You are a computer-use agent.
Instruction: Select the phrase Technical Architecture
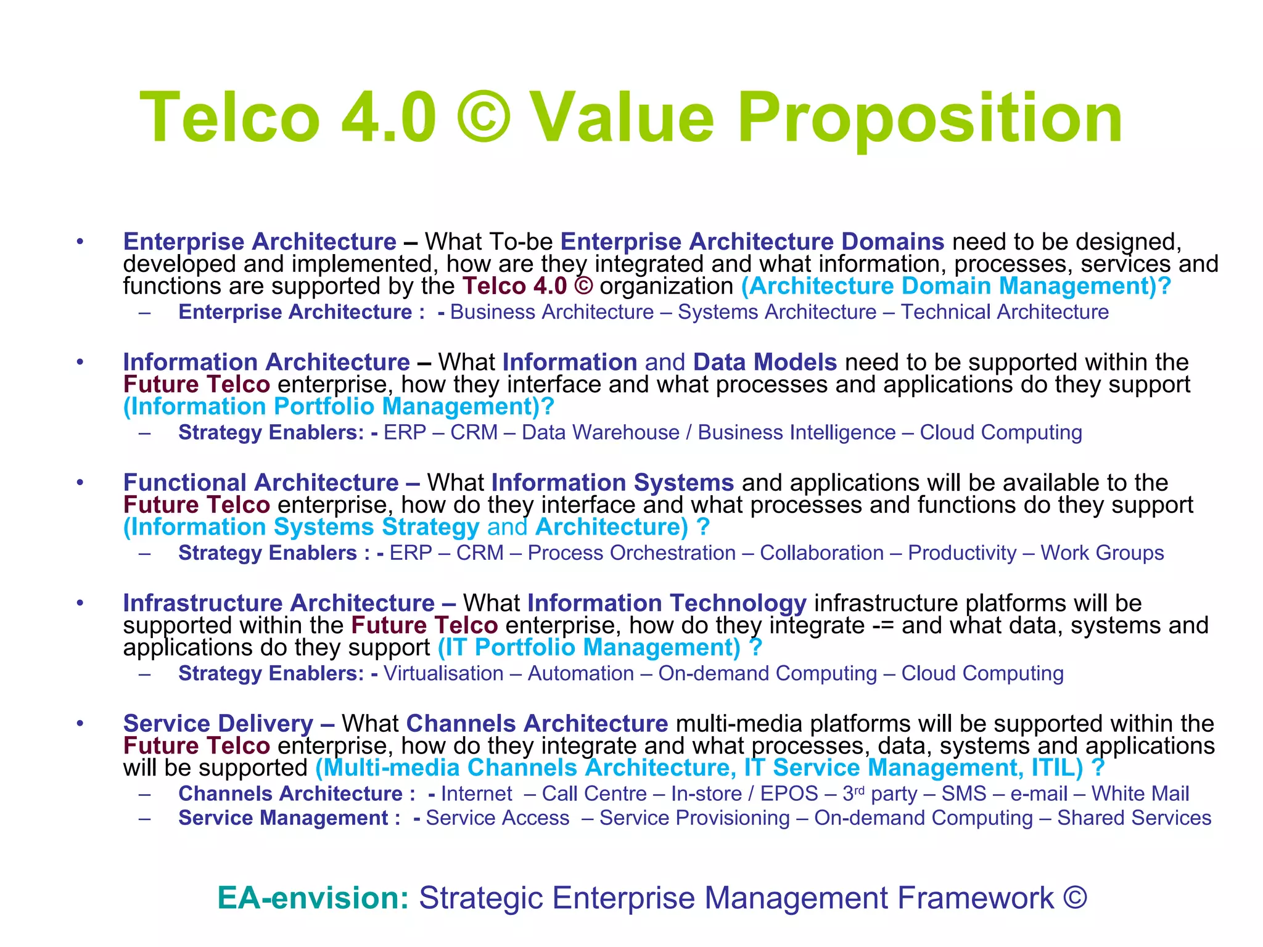(1005, 312)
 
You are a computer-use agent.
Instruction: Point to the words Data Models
(765, 362)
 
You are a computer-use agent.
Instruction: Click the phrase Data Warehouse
(600, 432)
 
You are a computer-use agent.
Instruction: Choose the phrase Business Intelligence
(796, 432)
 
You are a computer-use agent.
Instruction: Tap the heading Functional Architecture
(261, 482)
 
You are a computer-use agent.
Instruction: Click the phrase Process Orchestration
(631, 553)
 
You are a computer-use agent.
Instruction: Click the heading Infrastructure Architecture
(279, 602)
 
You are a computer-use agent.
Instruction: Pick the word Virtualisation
(443, 673)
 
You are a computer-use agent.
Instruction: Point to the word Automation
(581, 673)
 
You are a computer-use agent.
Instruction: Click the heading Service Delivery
(218, 723)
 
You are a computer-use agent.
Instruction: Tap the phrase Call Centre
(594, 793)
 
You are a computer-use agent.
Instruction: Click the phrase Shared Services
(1134, 818)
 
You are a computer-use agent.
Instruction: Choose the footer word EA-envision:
(313, 898)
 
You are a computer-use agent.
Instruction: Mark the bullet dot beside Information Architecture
(80, 362)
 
